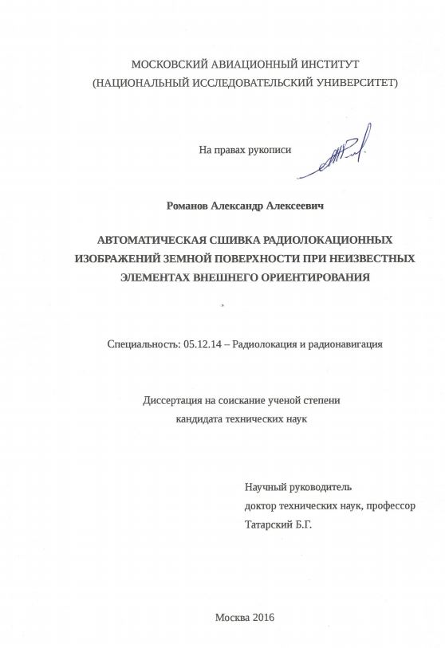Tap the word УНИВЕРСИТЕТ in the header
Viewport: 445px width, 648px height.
pyautogui.click(x=350, y=82)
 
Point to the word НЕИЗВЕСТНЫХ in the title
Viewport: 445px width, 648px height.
pyautogui.click(x=371, y=258)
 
